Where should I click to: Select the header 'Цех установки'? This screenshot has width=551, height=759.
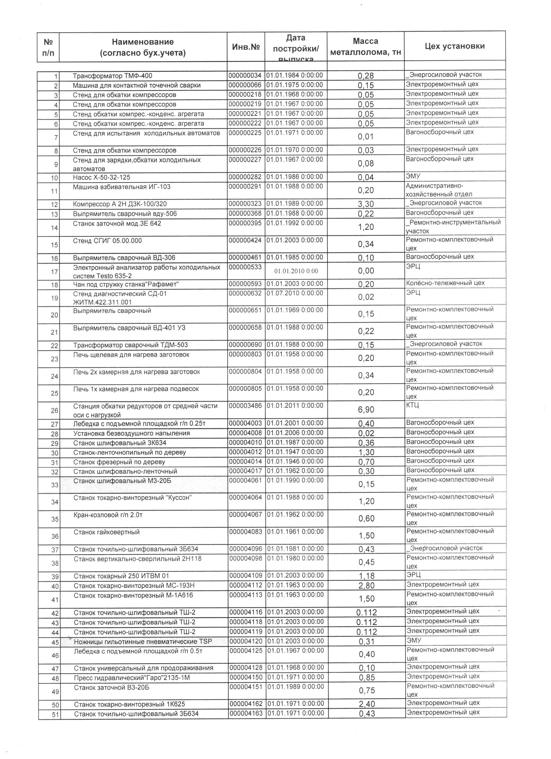click(454, 46)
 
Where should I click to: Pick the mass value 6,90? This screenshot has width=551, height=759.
click(366, 410)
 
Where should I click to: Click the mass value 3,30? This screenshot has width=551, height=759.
click(366, 204)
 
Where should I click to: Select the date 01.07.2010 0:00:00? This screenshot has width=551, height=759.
click(295, 293)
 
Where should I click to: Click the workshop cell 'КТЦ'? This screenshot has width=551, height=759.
click(412, 405)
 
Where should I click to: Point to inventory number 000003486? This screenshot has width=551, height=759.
click(246, 406)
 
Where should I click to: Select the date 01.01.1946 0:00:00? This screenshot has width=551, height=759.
click(295, 462)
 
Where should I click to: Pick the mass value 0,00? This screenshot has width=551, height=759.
click(366, 271)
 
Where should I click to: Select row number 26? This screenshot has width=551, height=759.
click(54, 411)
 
